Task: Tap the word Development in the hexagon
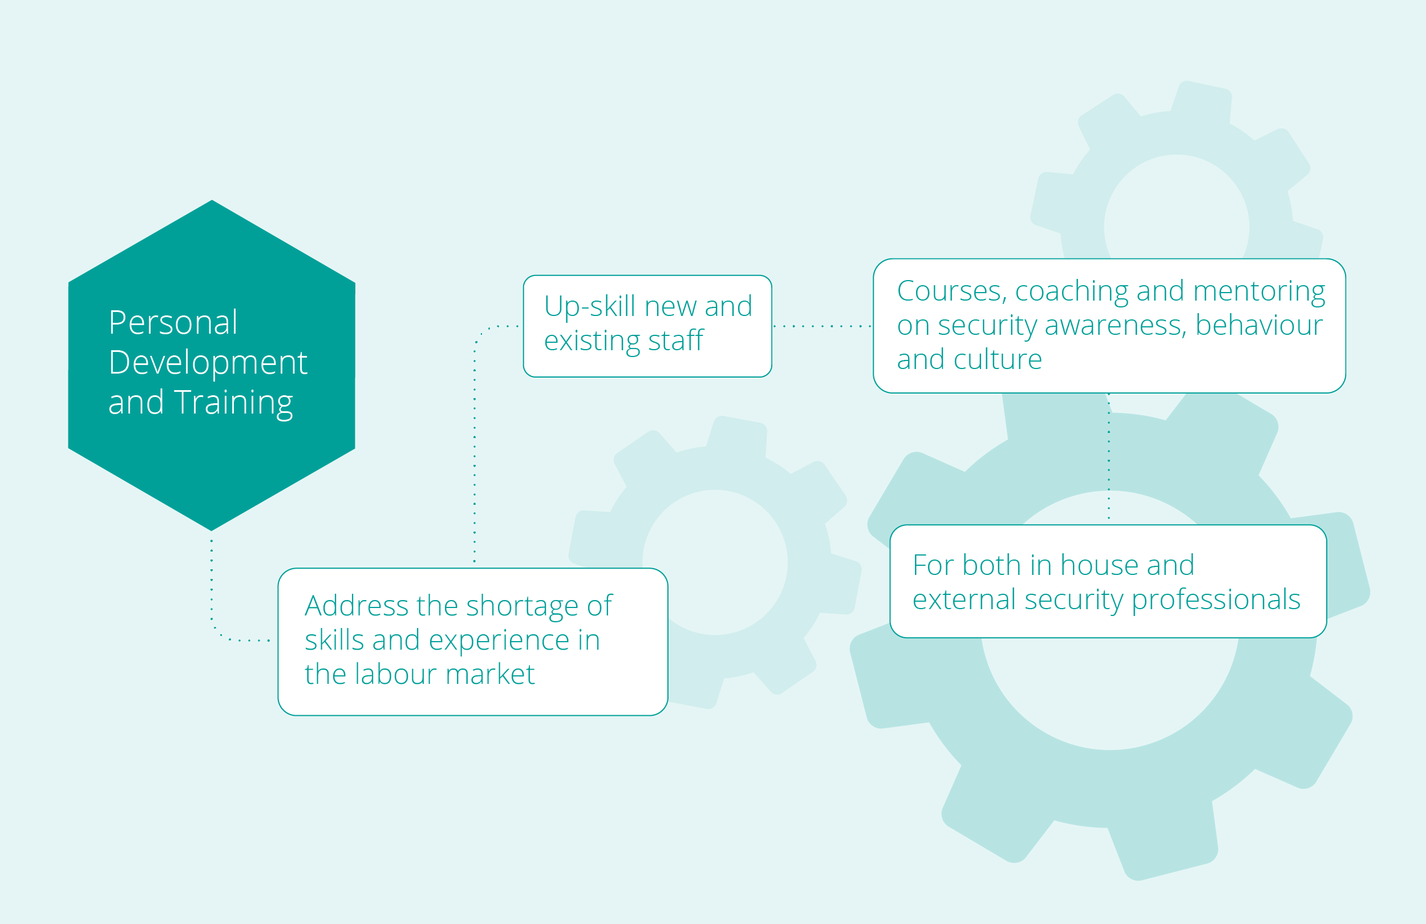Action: (x=208, y=364)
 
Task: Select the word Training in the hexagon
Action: (x=234, y=403)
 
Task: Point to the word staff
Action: (x=676, y=341)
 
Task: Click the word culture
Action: (x=998, y=359)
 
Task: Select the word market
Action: (x=490, y=674)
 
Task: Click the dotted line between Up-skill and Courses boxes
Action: (x=822, y=327)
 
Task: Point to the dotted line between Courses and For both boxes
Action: (x=1108, y=457)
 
